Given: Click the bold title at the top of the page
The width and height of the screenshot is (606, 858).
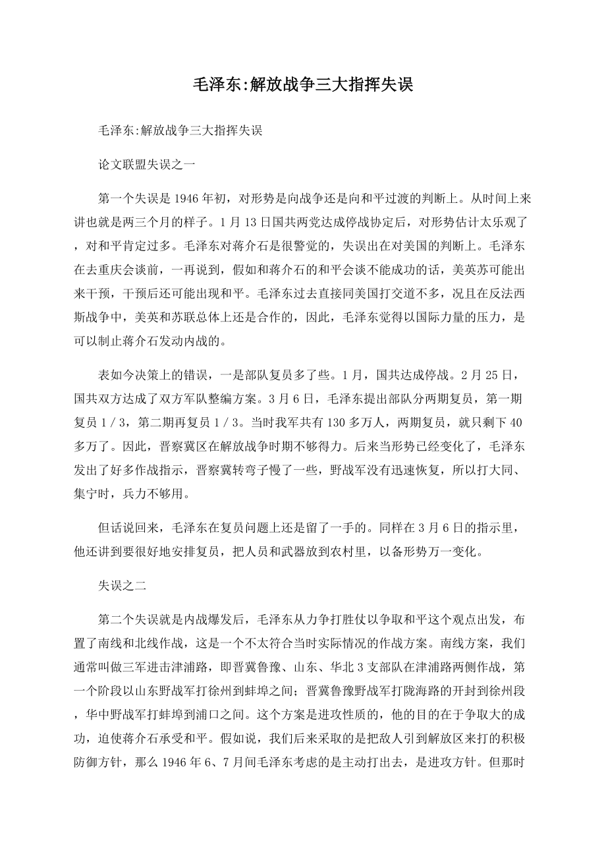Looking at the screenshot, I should tap(302, 85).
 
